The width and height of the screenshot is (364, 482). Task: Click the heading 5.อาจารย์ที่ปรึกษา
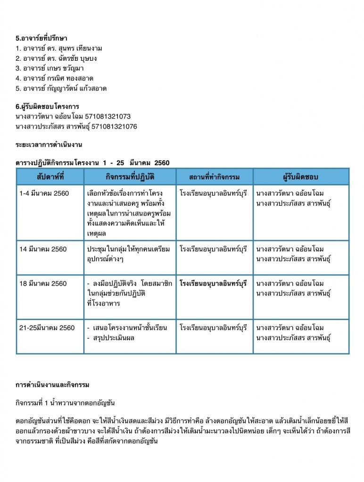coord(44,38)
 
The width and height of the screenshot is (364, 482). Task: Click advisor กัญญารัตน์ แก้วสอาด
coord(76,88)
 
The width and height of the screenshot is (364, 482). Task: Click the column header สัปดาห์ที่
coord(50,177)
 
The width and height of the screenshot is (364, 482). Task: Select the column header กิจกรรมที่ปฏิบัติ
coord(130,177)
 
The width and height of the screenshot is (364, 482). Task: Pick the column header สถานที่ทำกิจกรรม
coord(215,177)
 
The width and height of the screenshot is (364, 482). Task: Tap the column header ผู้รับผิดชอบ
coord(301,177)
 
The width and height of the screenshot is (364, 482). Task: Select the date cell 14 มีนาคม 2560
coord(43,249)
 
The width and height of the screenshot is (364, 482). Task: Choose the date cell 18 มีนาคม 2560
coord(43,283)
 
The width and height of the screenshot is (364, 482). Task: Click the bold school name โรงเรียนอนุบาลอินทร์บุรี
coord(214,283)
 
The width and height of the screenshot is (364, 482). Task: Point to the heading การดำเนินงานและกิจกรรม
coord(52,385)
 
